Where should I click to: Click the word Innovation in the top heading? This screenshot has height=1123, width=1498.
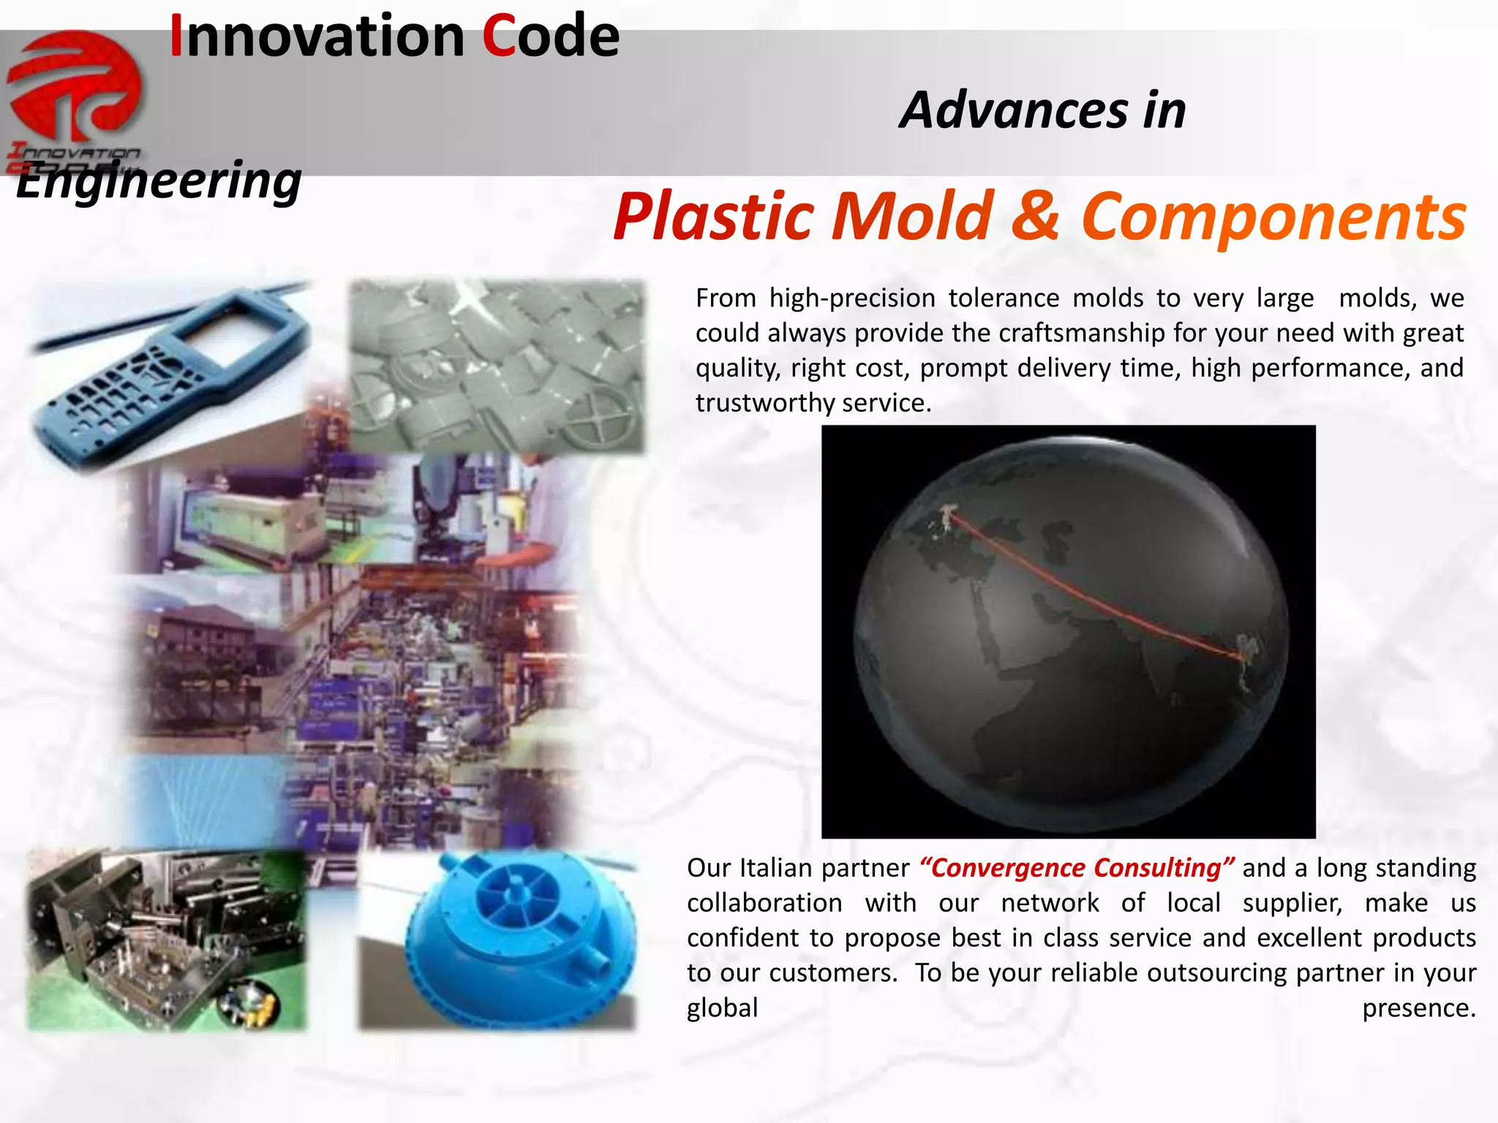[x=317, y=37]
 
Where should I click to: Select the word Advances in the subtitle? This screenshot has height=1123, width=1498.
[x=1014, y=111]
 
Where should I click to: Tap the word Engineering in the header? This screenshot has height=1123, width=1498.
[x=159, y=181]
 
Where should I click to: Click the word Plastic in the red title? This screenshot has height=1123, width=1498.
[x=714, y=216]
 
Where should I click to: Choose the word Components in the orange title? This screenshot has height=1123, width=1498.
[x=1273, y=216]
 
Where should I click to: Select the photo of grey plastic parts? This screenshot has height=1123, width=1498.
[x=497, y=366]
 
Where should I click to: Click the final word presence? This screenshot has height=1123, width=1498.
[x=1418, y=1008]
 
